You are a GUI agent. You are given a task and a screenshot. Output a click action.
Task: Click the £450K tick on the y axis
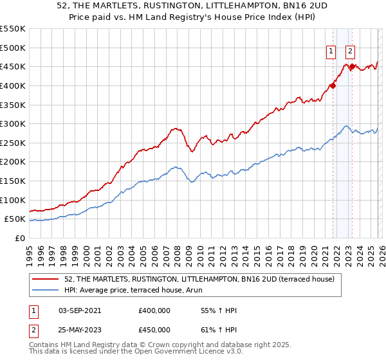[x=14, y=66]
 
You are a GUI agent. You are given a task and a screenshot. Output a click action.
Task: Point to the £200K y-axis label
[x=14, y=161]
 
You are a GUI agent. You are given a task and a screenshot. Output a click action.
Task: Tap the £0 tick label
[x=21, y=238]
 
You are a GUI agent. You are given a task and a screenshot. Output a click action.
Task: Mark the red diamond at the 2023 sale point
[x=353, y=66]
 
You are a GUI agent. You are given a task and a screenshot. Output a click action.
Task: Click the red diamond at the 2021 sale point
[x=333, y=85]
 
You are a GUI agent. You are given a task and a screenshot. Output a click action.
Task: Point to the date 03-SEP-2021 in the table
[x=80, y=310]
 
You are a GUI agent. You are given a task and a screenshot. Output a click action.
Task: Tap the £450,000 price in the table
[x=154, y=330]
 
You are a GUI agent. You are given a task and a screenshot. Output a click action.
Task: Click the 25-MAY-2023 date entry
[x=80, y=330]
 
